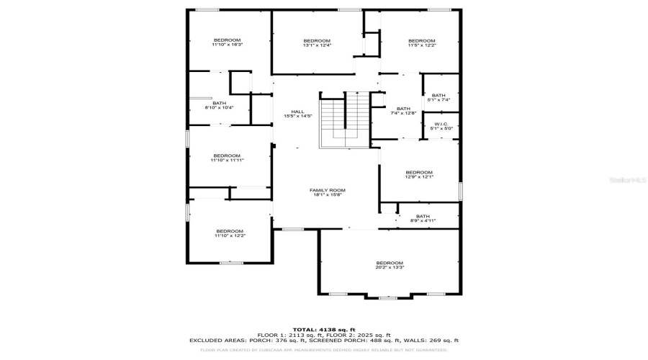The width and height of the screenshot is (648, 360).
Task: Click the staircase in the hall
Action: coord(344,120)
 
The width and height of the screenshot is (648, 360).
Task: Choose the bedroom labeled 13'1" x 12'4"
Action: coord(316,42)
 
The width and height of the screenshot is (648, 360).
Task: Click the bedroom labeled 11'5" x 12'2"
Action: coord(421,42)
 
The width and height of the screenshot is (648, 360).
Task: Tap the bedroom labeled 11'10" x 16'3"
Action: coord(227,42)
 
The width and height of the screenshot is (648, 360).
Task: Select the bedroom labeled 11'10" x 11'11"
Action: coord(227,158)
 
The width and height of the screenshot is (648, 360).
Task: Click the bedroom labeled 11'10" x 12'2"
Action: coord(230,233)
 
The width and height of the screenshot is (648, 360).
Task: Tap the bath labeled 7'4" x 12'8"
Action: coord(403,111)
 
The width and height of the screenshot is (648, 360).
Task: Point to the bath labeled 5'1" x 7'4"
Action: coord(438,97)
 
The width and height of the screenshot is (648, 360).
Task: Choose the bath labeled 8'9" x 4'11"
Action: coord(423,218)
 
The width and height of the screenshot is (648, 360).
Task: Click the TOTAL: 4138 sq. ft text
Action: coord(323,329)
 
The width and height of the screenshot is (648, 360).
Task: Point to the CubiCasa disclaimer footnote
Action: coord(323,350)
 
